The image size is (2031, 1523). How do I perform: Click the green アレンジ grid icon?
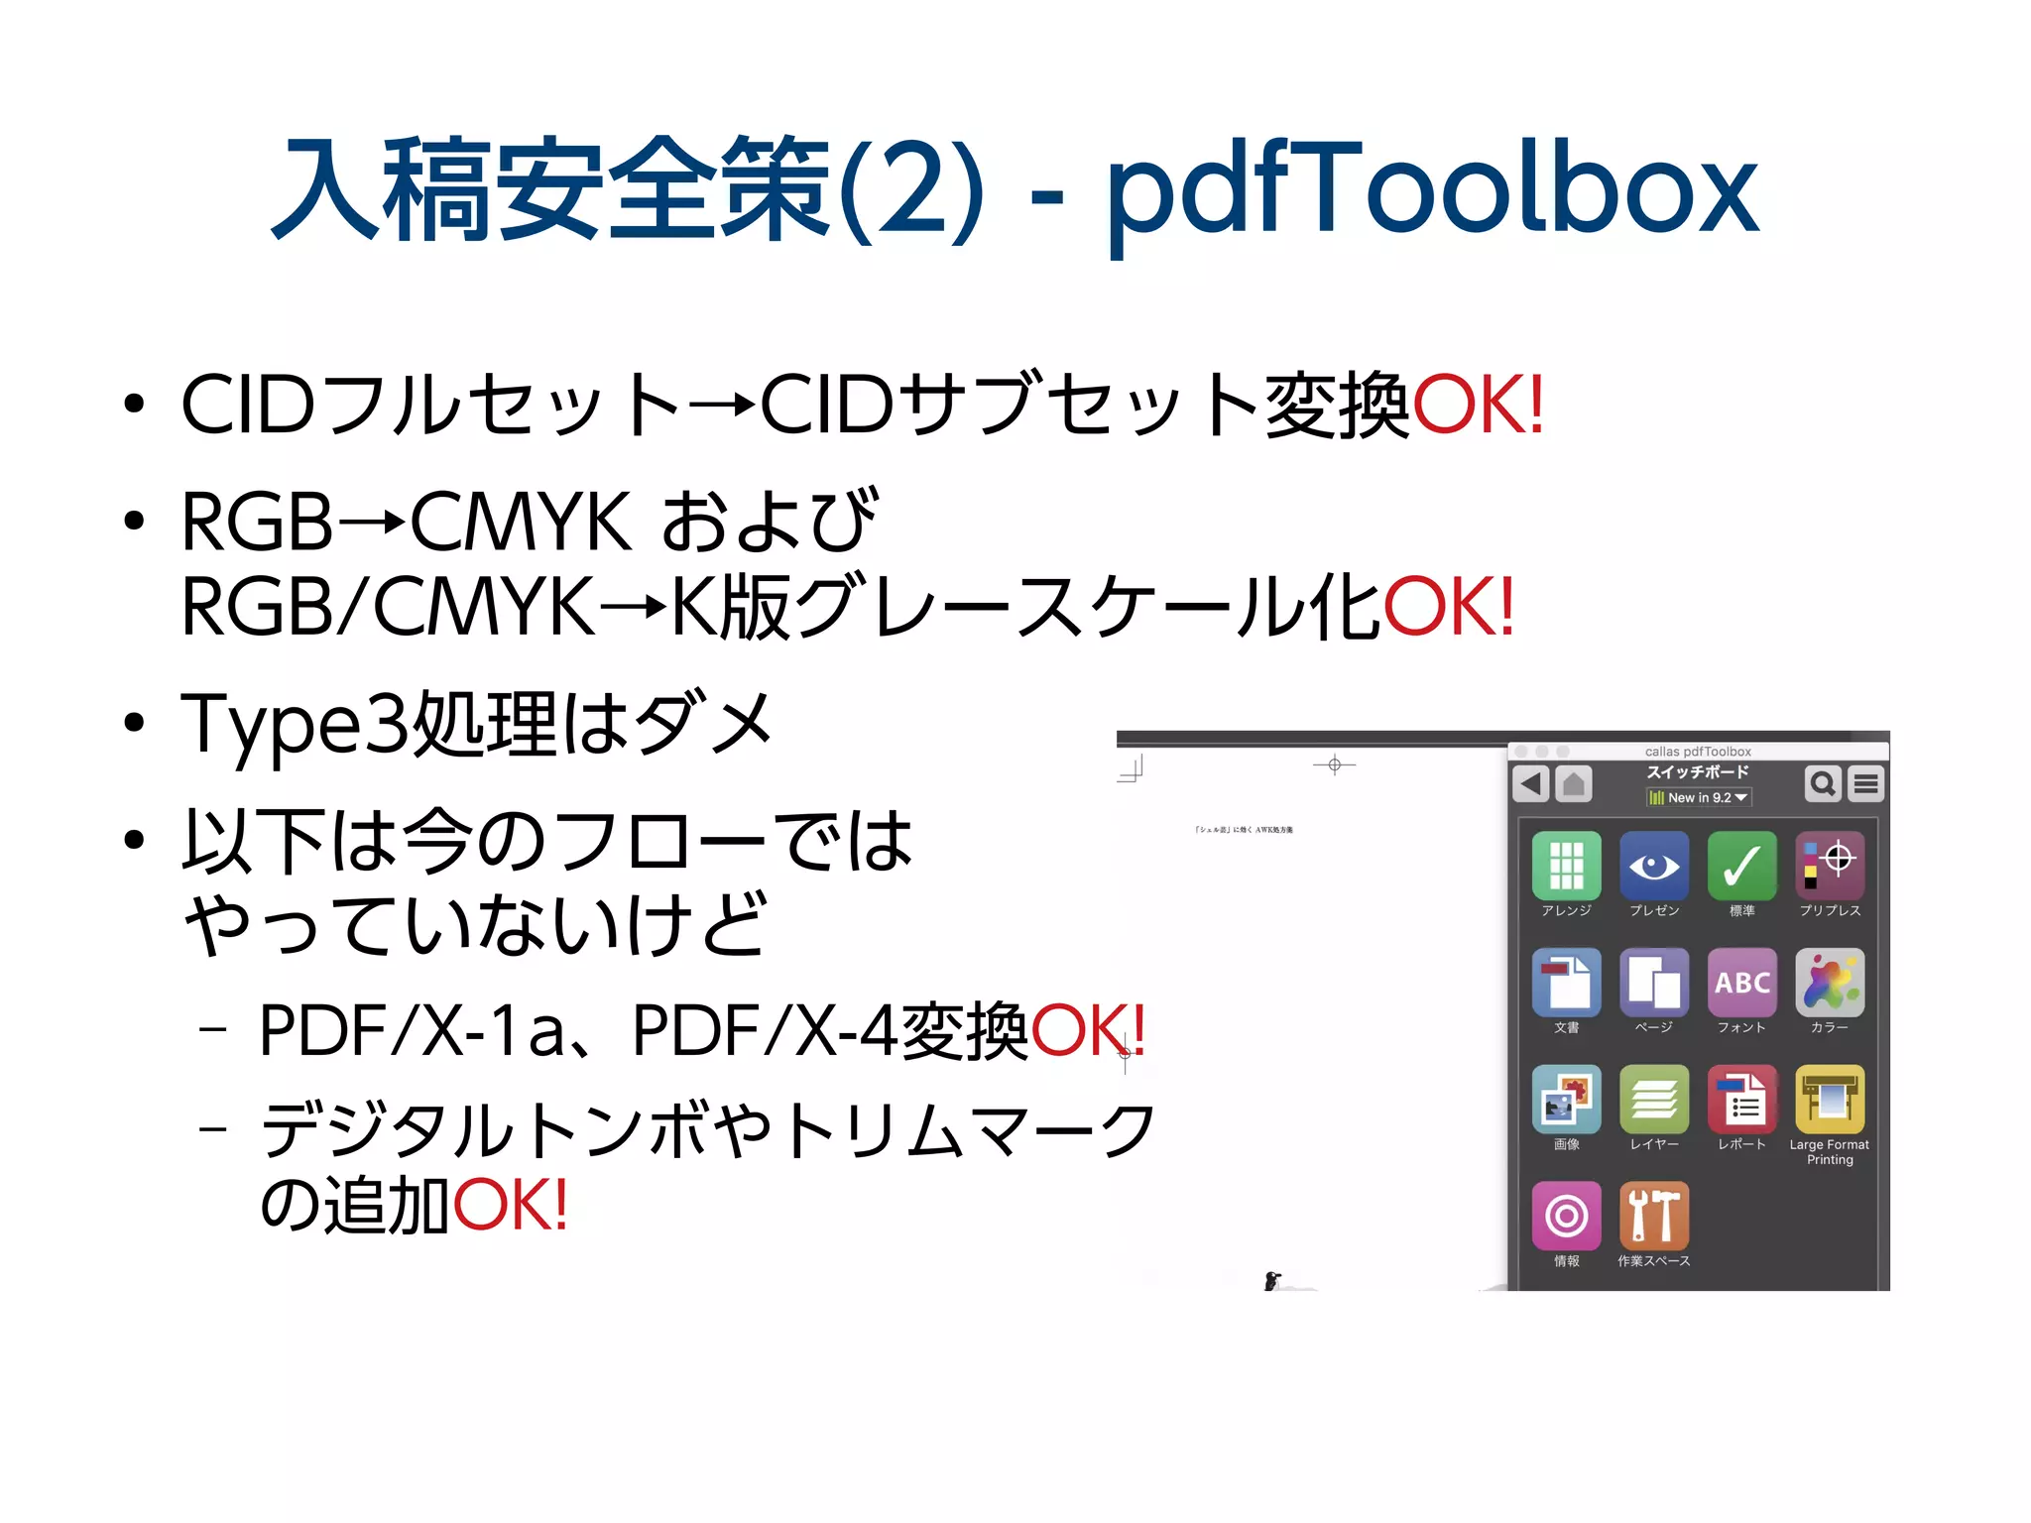pyautogui.click(x=1566, y=866)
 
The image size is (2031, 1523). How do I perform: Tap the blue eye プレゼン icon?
pyautogui.click(x=1653, y=866)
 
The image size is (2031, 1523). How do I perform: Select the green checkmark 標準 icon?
pyautogui.click(x=1741, y=866)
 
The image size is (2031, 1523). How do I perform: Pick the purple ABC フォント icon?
pyautogui.click(x=1741, y=982)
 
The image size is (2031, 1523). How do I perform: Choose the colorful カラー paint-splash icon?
pyautogui.click(x=1830, y=982)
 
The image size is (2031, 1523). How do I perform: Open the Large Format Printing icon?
pyautogui.click(x=1830, y=1099)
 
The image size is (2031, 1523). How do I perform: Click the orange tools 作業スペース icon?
pyautogui.click(x=1653, y=1216)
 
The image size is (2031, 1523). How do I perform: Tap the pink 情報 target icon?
pyautogui.click(x=1566, y=1216)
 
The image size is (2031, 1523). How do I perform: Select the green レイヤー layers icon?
pyautogui.click(x=1653, y=1099)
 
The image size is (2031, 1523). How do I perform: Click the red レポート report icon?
pyautogui.click(x=1741, y=1099)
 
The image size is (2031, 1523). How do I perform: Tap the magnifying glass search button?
pyautogui.click(x=1823, y=783)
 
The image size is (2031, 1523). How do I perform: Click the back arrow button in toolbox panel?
pyautogui.click(x=1531, y=783)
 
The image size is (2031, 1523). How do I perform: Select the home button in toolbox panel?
pyautogui.click(x=1573, y=783)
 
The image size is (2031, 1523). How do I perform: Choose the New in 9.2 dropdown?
pyautogui.click(x=1699, y=797)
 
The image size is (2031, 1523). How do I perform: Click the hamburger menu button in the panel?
pyautogui.click(x=1865, y=783)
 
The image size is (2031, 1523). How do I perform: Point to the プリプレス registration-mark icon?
pyautogui.click(x=1830, y=866)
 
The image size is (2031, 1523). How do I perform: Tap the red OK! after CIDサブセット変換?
pyautogui.click(x=1478, y=406)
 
